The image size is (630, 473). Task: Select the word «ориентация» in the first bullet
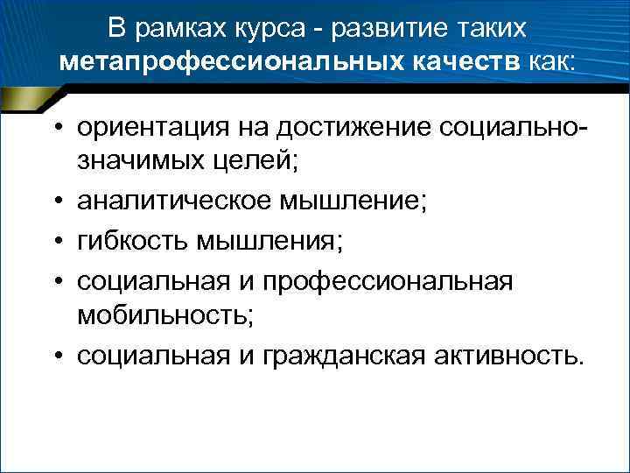point(152,128)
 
